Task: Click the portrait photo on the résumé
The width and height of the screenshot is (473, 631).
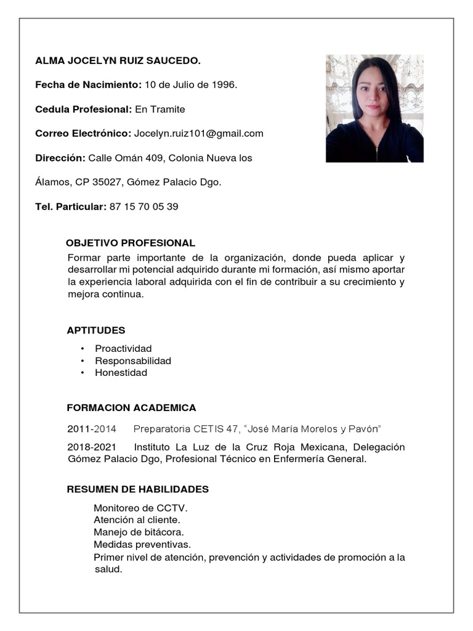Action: coord(374,108)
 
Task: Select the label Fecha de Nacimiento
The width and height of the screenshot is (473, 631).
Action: coord(88,84)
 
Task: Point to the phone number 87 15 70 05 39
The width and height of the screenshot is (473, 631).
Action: coord(144,206)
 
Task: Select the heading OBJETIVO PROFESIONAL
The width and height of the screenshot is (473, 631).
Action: coord(131,243)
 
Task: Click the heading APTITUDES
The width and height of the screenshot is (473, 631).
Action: coord(96,330)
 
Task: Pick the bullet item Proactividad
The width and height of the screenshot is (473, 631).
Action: coord(123,349)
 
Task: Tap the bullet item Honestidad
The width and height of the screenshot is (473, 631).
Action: coord(121,373)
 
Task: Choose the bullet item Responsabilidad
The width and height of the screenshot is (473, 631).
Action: coord(133,360)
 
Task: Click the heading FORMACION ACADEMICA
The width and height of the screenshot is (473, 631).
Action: coord(131,408)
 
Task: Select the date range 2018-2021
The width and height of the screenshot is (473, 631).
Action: coord(91,447)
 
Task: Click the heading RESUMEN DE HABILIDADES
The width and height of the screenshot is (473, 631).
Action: coord(137,489)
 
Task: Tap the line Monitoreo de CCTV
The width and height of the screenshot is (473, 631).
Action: coord(140,508)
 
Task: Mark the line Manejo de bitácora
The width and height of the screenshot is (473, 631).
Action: coord(139,532)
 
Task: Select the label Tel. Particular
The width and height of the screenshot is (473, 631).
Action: coord(71,206)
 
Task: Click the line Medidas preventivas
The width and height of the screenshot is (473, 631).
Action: coord(142,544)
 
